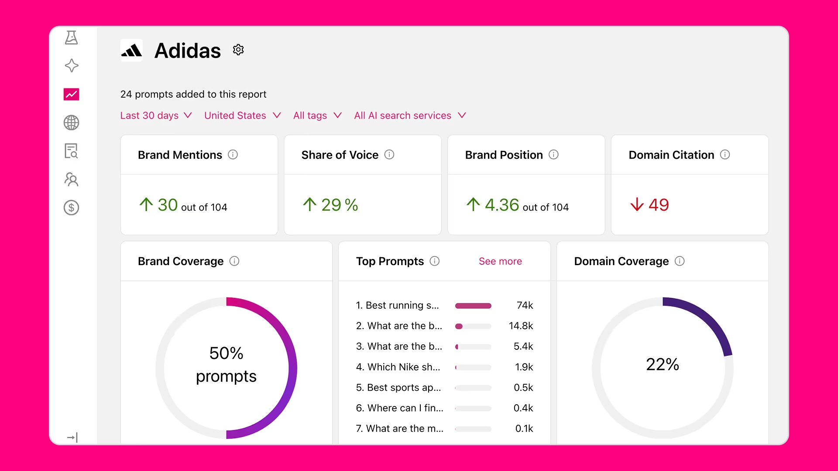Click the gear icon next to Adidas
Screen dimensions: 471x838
pyautogui.click(x=238, y=50)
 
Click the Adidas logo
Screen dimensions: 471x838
pyautogui.click(x=131, y=51)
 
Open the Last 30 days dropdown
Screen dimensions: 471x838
pyautogui.click(x=156, y=116)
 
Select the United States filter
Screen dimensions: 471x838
pyautogui.click(x=242, y=116)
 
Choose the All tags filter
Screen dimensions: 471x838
pyautogui.click(x=317, y=116)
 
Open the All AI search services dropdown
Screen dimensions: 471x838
pyautogui.click(x=410, y=116)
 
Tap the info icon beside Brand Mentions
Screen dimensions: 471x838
pyautogui.click(x=233, y=154)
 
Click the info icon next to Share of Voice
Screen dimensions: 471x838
pyautogui.click(x=389, y=154)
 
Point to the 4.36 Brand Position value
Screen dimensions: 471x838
pyautogui.click(x=502, y=205)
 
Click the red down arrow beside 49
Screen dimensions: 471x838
pyautogui.click(x=637, y=204)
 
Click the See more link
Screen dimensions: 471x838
pyautogui.click(x=500, y=261)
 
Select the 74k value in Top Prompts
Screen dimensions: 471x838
pyautogui.click(x=525, y=305)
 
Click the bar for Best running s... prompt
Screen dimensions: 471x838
pyautogui.click(x=473, y=306)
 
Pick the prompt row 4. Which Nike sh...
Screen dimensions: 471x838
pyautogui.click(x=398, y=367)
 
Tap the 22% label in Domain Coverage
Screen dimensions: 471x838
pyautogui.click(x=663, y=365)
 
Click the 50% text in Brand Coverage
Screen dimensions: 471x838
pyautogui.click(x=226, y=353)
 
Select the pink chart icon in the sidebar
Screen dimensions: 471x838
pyautogui.click(x=71, y=94)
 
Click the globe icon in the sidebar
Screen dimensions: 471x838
pyautogui.click(x=71, y=123)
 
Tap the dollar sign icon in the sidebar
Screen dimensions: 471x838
pyautogui.click(x=71, y=208)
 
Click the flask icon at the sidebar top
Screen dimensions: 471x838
pyautogui.click(x=71, y=38)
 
